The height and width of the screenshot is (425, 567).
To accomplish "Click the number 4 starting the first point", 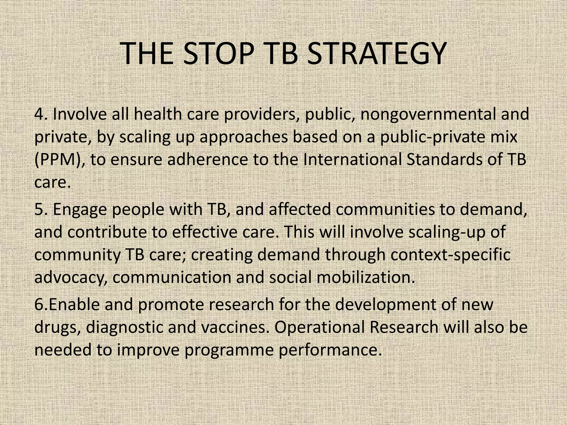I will point(39,114).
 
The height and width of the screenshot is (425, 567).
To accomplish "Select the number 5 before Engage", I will point(39,209).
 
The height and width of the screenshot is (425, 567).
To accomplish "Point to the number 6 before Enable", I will point(39,304).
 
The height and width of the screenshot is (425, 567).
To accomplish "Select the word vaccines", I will point(235,327).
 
